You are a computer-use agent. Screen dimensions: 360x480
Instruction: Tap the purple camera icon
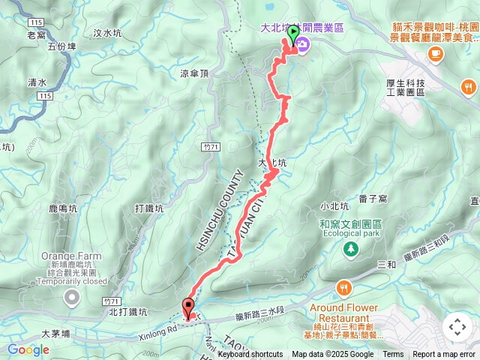coord(301,44)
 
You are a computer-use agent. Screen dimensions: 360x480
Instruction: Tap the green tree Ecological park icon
coord(350,248)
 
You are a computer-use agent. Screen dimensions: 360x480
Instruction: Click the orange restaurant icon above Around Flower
coord(344,287)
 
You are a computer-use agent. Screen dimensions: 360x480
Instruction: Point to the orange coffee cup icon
coord(435,53)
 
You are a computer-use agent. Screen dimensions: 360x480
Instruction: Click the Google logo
coord(28,349)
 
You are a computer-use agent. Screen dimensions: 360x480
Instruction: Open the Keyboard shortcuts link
coord(250,355)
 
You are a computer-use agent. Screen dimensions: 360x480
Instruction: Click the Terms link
coord(393,355)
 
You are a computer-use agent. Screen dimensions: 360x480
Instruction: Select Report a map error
coord(444,355)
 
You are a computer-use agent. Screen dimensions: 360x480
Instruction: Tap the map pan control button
coord(457,326)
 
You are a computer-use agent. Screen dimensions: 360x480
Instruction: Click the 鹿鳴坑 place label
coord(63,208)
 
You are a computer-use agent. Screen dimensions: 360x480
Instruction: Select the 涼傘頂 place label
coord(195,73)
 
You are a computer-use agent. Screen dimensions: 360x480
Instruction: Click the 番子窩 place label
coord(372,199)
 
